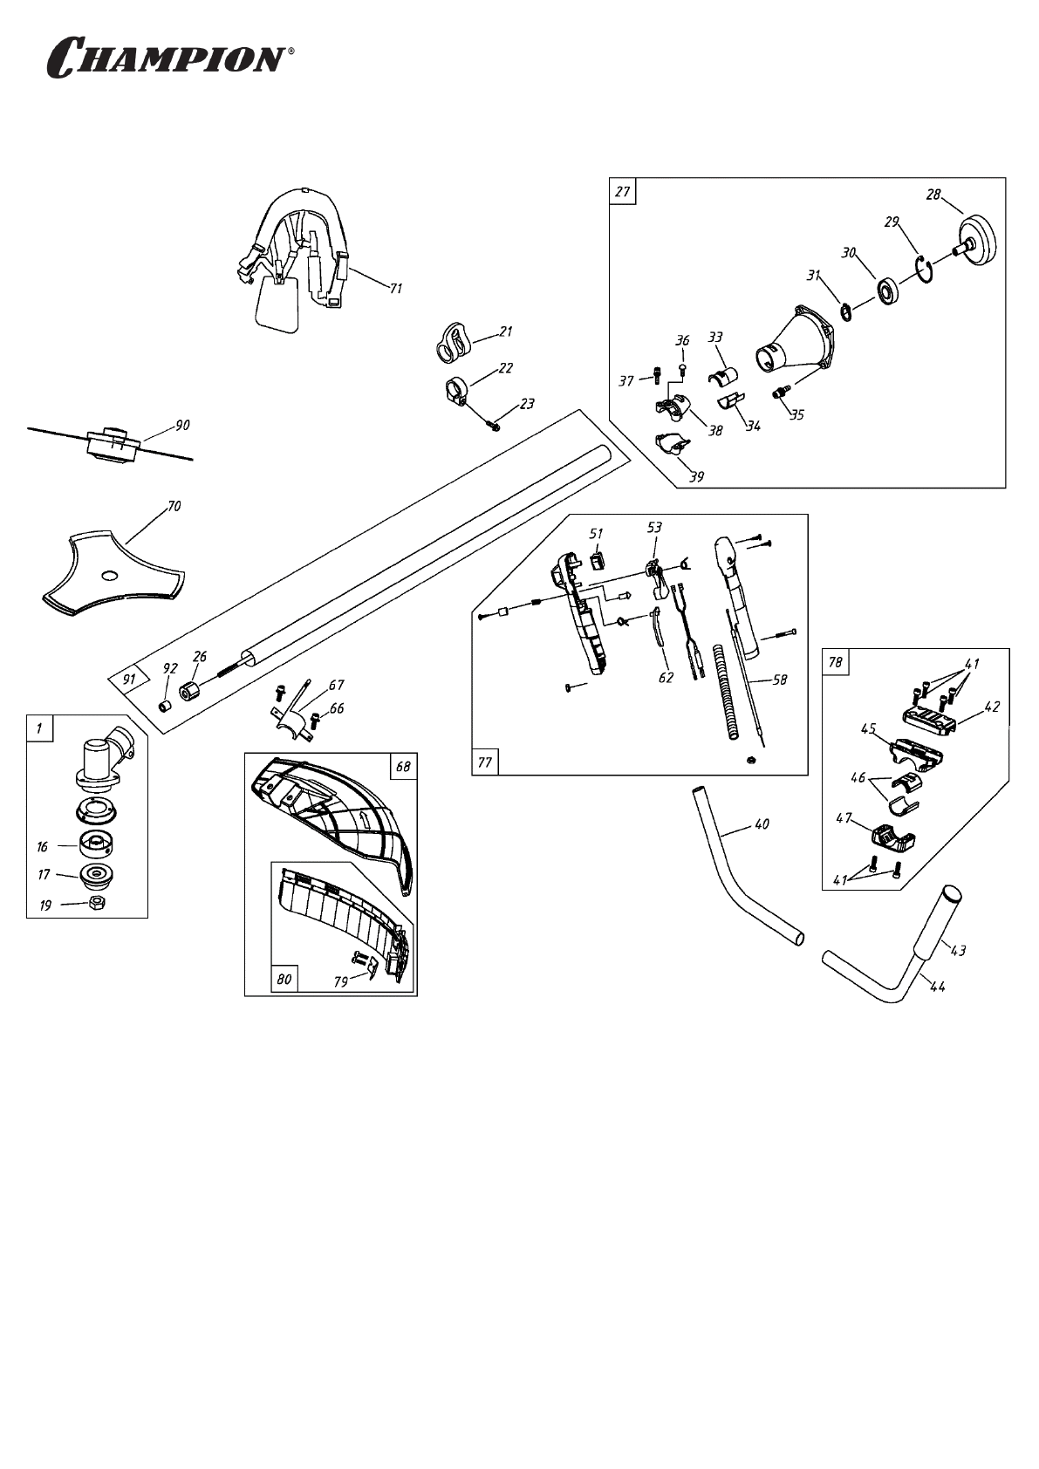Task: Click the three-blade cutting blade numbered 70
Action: pyautogui.click(x=113, y=571)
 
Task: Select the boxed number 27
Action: pyautogui.click(x=623, y=191)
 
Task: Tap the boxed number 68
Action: pyautogui.click(x=402, y=767)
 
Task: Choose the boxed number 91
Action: pyautogui.click(x=129, y=677)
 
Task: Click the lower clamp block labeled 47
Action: pyautogui.click(x=892, y=838)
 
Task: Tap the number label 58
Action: pyautogui.click(x=780, y=679)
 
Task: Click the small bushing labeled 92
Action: pyautogui.click(x=163, y=703)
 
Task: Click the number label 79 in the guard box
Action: pyautogui.click(x=341, y=981)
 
